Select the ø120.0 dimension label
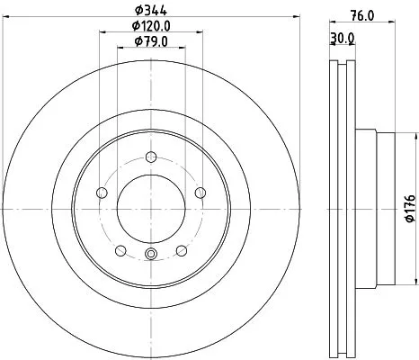150,25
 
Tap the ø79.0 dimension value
150,41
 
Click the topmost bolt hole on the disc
151,158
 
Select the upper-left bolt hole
103,193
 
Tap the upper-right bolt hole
199,193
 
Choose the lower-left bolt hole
121,250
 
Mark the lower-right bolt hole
181,250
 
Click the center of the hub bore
151,209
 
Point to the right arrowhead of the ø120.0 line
199,31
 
